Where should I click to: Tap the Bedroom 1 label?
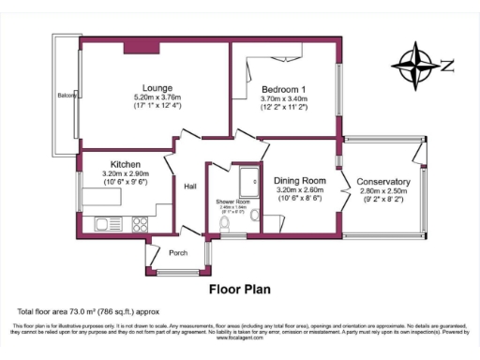pyautogui.click(x=283, y=88)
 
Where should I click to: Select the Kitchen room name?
pyautogui.click(x=125, y=163)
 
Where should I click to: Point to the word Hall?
pyautogui.click(x=189, y=185)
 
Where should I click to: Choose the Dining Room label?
pyautogui.click(x=300, y=180)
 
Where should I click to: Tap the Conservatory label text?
pyautogui.click(x=384, y=181)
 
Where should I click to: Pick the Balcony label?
pyautogui.click(x=67, y=97)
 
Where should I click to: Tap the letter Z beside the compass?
pyautogui.click(x=446, y=66)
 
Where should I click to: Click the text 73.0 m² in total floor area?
pyautogui.click(x=78, y=309)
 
